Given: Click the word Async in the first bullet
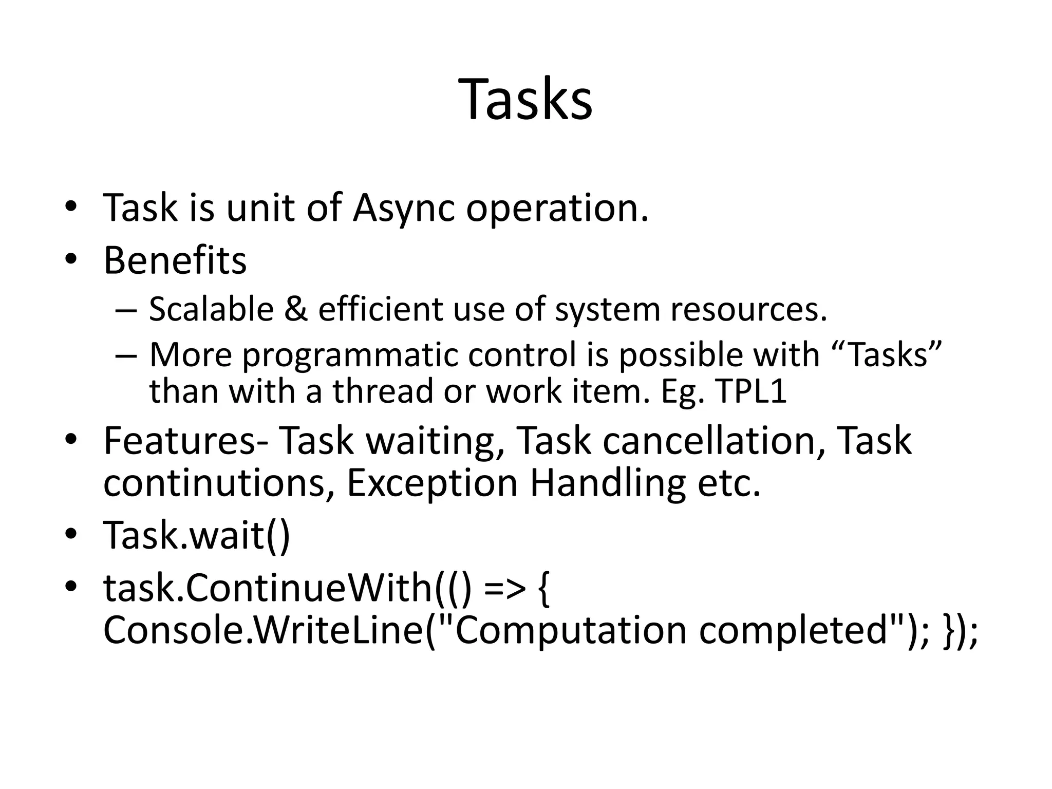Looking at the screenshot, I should click(404, 208).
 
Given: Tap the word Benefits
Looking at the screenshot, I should click(175, 260).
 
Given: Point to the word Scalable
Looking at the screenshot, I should click(211, 310).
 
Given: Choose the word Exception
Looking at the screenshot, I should click(432, 484).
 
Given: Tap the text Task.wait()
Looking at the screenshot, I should click(197, 536).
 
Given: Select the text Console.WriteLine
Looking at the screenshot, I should click(263, 631).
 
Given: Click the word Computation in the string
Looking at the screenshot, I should click(571, 631).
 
